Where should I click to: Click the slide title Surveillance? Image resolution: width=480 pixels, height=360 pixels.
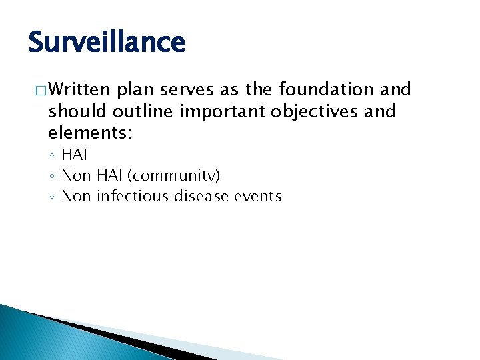[x=107, y=42]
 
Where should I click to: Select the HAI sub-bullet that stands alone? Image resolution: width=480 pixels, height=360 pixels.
[x=74, y=155]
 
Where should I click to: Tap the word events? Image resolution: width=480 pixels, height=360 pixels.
[x=257, y=196]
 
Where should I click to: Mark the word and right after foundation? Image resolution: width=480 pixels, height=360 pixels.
[x=396, y=89]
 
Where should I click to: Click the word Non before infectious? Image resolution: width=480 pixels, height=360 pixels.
[x=76, y=196]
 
